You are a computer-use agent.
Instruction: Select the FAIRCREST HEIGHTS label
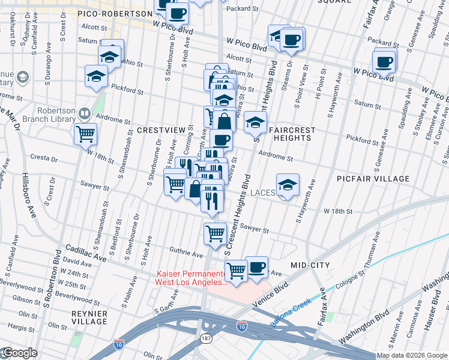[x=290, y=133]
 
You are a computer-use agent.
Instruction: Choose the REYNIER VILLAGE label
[x=88, y=317]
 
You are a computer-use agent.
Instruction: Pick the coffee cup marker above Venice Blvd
[x=256, y=267]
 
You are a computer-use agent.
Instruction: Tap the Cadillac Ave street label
[x=85, y=252]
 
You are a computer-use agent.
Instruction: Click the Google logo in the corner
[x=20, y=353]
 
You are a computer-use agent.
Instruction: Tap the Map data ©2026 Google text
[x=412, y=355]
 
